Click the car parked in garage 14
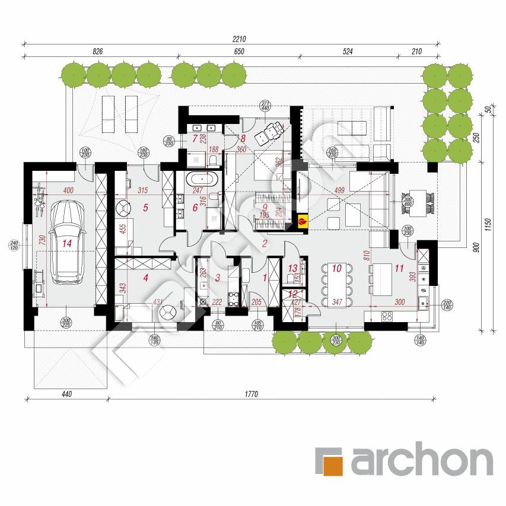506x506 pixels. click(66, 242)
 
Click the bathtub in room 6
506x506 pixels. click(202, 180)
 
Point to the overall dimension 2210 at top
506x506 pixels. click(239, 39)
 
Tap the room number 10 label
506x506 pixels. click(336, 269)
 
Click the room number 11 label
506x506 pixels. click(399, 269)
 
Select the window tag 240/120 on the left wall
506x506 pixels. click(14, 246)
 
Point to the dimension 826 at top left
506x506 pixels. click(98, 52)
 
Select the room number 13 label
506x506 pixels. click(291, 268)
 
